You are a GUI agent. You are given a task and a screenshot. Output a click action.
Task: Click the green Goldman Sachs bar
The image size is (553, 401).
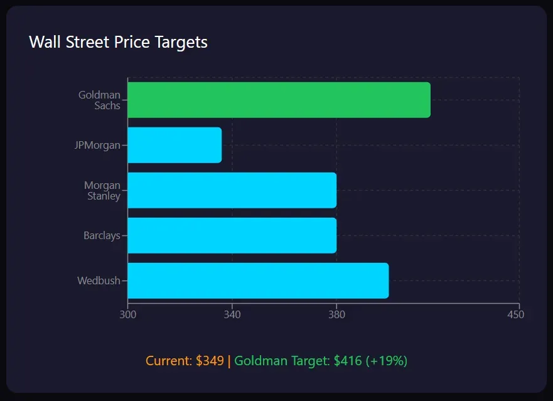(279, 100)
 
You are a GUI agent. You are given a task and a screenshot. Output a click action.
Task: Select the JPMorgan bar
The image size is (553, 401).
(174, 145)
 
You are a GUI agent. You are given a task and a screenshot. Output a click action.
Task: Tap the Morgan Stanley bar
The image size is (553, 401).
(232, 190)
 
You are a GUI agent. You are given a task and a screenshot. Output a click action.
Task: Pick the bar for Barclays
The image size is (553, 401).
(232, 235)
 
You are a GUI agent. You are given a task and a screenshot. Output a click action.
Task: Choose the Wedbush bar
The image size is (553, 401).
(258, 281)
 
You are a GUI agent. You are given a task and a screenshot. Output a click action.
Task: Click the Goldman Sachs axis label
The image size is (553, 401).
(100, 100)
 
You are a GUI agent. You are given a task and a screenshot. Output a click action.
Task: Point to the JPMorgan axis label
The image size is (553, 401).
(97, 146)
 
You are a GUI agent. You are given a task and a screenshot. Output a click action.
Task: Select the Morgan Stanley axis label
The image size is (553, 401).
(102, 191)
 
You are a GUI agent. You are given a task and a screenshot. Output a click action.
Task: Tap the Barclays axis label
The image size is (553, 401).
(102, 236)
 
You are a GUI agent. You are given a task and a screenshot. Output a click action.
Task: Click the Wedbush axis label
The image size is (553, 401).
(99, 281)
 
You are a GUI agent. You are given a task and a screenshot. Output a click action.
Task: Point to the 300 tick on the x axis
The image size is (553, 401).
(127, 314)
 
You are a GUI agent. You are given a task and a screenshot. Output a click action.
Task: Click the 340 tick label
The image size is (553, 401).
(232, 314)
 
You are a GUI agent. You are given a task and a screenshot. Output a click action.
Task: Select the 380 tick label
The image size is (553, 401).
(336, 314)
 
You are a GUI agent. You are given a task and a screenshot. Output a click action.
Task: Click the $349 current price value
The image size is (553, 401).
(210, 361)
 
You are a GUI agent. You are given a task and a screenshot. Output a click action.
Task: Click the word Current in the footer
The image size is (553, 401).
(168, 361)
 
